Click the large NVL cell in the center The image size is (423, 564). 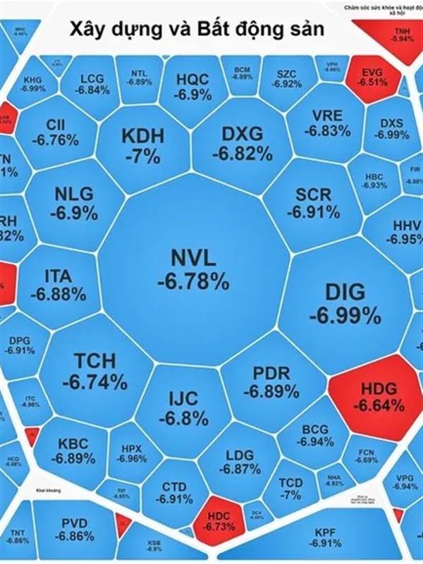tap(192, 268)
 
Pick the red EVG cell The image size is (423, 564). tap(370, 77)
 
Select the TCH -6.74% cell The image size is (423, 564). tap(94, 372)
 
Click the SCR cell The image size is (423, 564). tap(312, 202)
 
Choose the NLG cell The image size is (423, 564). tap(73, 202)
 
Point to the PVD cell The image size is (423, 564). tap(78, 529)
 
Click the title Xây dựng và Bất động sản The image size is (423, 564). tap(196, 30)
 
